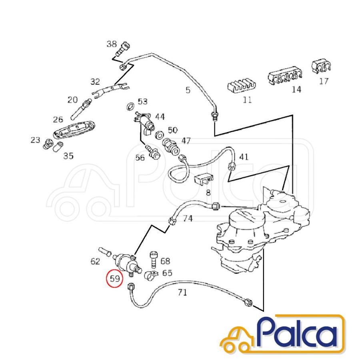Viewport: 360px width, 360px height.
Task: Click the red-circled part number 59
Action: click(x=115, y=278)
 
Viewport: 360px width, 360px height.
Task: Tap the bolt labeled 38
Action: click(x=123, y=48)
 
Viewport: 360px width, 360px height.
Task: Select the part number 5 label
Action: click(x=188, y=90)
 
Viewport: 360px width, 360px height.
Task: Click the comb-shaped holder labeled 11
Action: click(x=242, y=86)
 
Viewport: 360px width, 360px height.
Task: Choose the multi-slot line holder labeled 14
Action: click(x=285, y=75)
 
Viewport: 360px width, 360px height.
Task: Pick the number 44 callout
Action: click(x=160, y=117)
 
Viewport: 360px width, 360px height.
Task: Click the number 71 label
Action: click(x=182, y=292)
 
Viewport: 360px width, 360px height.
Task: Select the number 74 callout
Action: click(x=188, y=218)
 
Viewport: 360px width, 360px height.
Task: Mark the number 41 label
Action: click(x=244, y=157)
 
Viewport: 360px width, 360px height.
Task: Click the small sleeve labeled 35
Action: click(x=58, y=147)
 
